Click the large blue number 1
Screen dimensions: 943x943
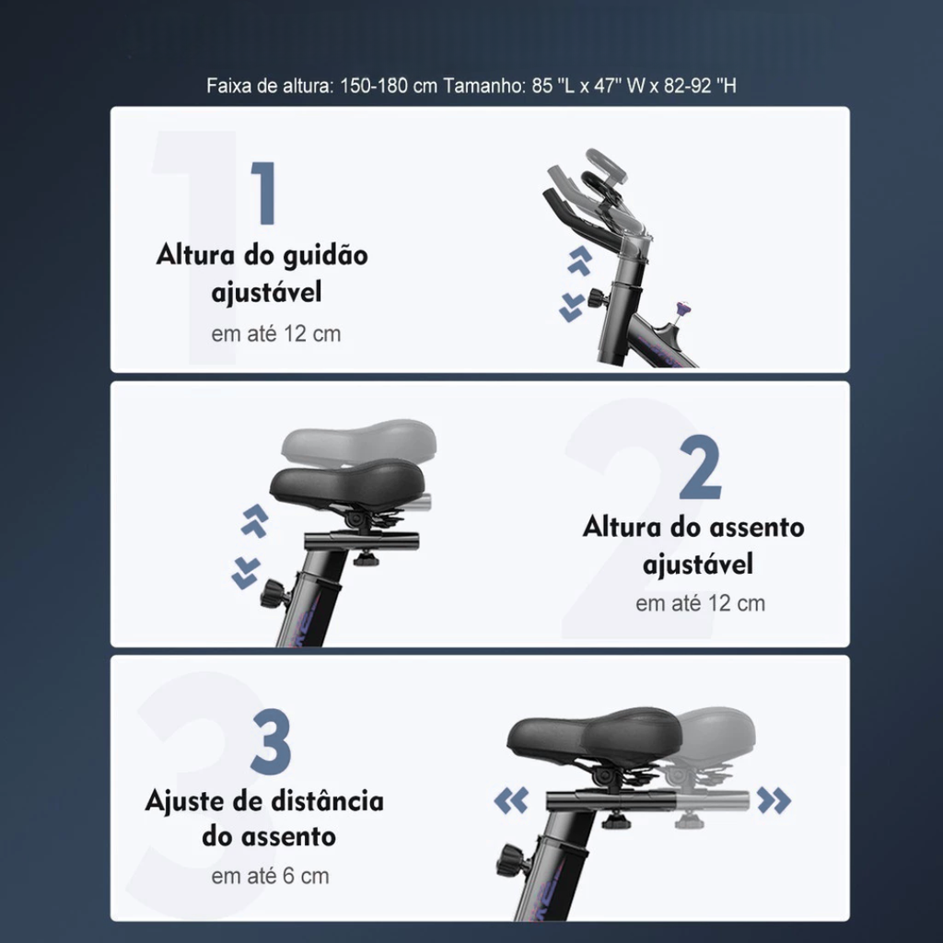tap(264, 193)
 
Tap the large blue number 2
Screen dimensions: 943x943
tap(701, 467)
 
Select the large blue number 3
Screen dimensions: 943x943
tap(271, 741)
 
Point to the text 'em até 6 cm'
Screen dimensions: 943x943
tap(270, 877)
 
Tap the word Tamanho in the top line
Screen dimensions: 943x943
tap(484, 86)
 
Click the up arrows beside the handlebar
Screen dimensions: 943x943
tap(580, 261)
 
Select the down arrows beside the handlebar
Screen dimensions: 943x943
tap(571, 308)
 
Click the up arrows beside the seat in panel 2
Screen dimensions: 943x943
tap(255, 520)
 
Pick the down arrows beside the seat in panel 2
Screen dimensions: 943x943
tap(246, 573)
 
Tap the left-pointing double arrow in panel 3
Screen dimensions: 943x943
tap(511, 800)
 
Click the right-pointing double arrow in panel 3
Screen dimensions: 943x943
tap(774, 800)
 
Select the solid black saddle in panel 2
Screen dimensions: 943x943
tap(347, 482)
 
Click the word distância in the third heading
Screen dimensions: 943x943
tap(327, 802)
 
